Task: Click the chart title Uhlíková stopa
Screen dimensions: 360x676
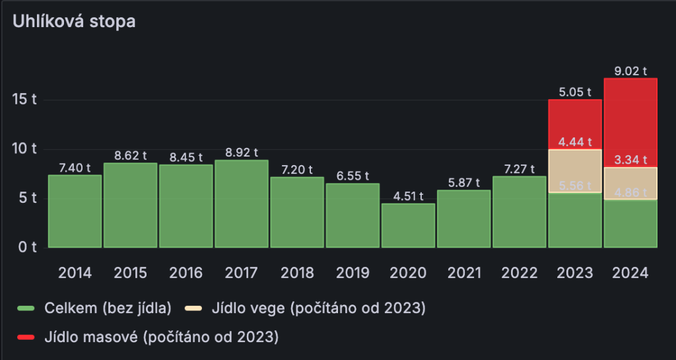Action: point(74,21)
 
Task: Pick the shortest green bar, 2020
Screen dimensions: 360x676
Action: point(408,225)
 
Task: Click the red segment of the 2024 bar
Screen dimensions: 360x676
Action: point(630,122)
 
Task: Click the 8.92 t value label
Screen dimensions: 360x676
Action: point(242,153)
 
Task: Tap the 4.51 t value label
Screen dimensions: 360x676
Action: point(408,196)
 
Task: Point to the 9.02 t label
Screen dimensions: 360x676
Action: point(630,71)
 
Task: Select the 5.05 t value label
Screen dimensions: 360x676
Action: point(575,92)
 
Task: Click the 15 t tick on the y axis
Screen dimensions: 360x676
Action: point(24,100)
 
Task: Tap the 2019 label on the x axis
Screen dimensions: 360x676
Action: point(353,273)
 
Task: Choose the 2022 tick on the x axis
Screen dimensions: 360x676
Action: point(520,273)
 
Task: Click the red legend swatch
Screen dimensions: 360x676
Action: point(26,338)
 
